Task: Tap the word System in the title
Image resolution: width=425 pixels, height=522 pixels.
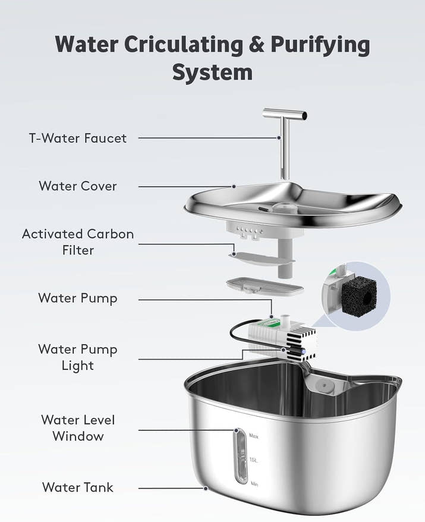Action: pos(212,72)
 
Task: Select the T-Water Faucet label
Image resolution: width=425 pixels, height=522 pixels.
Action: pos(78,138)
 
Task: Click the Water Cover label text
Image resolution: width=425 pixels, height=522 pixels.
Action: pos(78,186)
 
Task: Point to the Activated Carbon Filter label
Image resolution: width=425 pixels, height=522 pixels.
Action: pos(78,242)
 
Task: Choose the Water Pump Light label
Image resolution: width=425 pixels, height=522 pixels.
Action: pos(78,357)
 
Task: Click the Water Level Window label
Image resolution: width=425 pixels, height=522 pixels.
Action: pos(78,428)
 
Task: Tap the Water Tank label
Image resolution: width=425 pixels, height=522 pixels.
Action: pos(78,488)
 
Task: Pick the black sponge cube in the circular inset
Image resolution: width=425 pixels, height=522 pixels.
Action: pos(355,294)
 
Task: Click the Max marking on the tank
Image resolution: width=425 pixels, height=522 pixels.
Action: pos(255,435)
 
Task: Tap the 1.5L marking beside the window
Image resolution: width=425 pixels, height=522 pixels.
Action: pos(254,460)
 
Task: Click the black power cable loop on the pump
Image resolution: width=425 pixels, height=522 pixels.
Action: pos(238,336)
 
